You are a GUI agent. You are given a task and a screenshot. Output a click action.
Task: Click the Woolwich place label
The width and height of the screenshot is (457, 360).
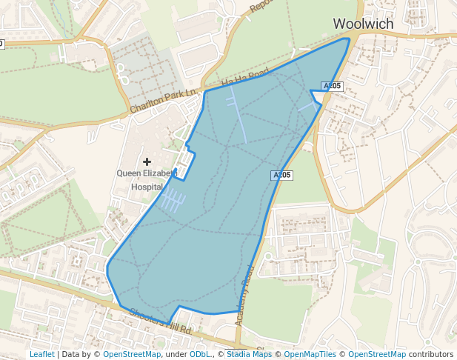click(363, 24)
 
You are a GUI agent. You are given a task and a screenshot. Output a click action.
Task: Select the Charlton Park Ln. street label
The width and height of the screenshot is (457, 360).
click(163, 101)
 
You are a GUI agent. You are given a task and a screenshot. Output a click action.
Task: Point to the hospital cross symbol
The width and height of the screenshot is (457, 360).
click(147, 161)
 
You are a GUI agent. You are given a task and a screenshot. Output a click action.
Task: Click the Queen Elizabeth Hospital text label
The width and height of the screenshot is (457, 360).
click(147, 180)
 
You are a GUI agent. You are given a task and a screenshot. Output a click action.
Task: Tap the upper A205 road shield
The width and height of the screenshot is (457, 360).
click(332, 86)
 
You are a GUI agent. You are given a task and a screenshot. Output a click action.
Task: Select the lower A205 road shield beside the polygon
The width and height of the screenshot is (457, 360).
click(281, 176)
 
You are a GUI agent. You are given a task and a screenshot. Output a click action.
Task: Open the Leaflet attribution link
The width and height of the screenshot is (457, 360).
click(41, 354)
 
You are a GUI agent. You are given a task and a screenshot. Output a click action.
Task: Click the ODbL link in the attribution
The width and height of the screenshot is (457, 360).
click(200, 354)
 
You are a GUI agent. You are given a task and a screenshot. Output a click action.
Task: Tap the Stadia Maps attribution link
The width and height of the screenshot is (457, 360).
click(249, 354)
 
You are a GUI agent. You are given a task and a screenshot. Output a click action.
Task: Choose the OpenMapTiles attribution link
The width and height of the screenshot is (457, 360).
click(310, 354)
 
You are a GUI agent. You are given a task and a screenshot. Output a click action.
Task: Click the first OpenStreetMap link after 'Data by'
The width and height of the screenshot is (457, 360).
click(132, 354)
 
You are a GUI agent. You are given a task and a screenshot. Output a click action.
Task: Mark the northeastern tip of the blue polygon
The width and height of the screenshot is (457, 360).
click(348, 39)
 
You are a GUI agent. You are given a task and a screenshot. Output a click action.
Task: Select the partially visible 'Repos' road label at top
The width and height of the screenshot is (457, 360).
click(261, 7)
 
